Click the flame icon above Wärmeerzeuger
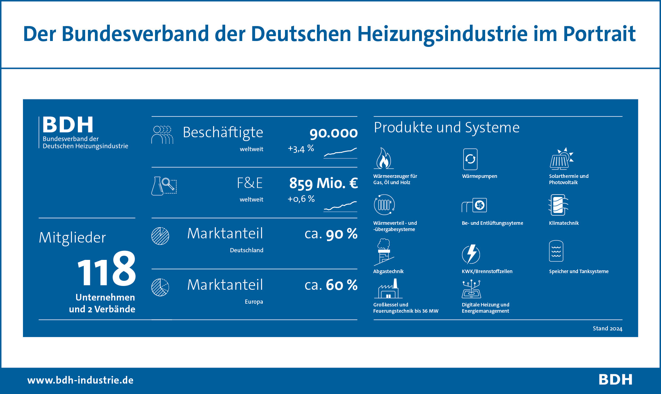pyautogui.click(x=384, y=158)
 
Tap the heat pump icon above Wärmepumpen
pyautogui.click(x=470, y=159)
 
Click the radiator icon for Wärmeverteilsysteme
pyautogui.click(x=384, y=205)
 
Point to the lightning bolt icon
pyautogui.click(x=471, y=254)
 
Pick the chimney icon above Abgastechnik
pyautogui.click(x=384, y=252)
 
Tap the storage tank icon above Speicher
pyautogui.click(x=556, y=251)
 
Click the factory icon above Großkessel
pyautogui.click(x=388, y=289)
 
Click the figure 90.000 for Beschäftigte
pyautogui.click(x=333, y=133)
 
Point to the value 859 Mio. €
pyautogui.click(x=323, y=183)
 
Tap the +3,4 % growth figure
pyautogui.click(x=301, y=149)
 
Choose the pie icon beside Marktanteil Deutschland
pyautogui.click(x=160, y=236)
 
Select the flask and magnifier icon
pyautogui.click(x=164, y=186)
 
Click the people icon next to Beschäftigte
pyautogui.click(x=162, y=135)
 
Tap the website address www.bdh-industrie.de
pyautogui.click(x=80, y=380)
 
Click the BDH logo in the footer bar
pyautogui.click(x=615, y=380)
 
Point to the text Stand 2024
pyautogui.click(x=607, y=329)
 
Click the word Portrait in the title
pyautogui.click(x=599, y=34)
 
